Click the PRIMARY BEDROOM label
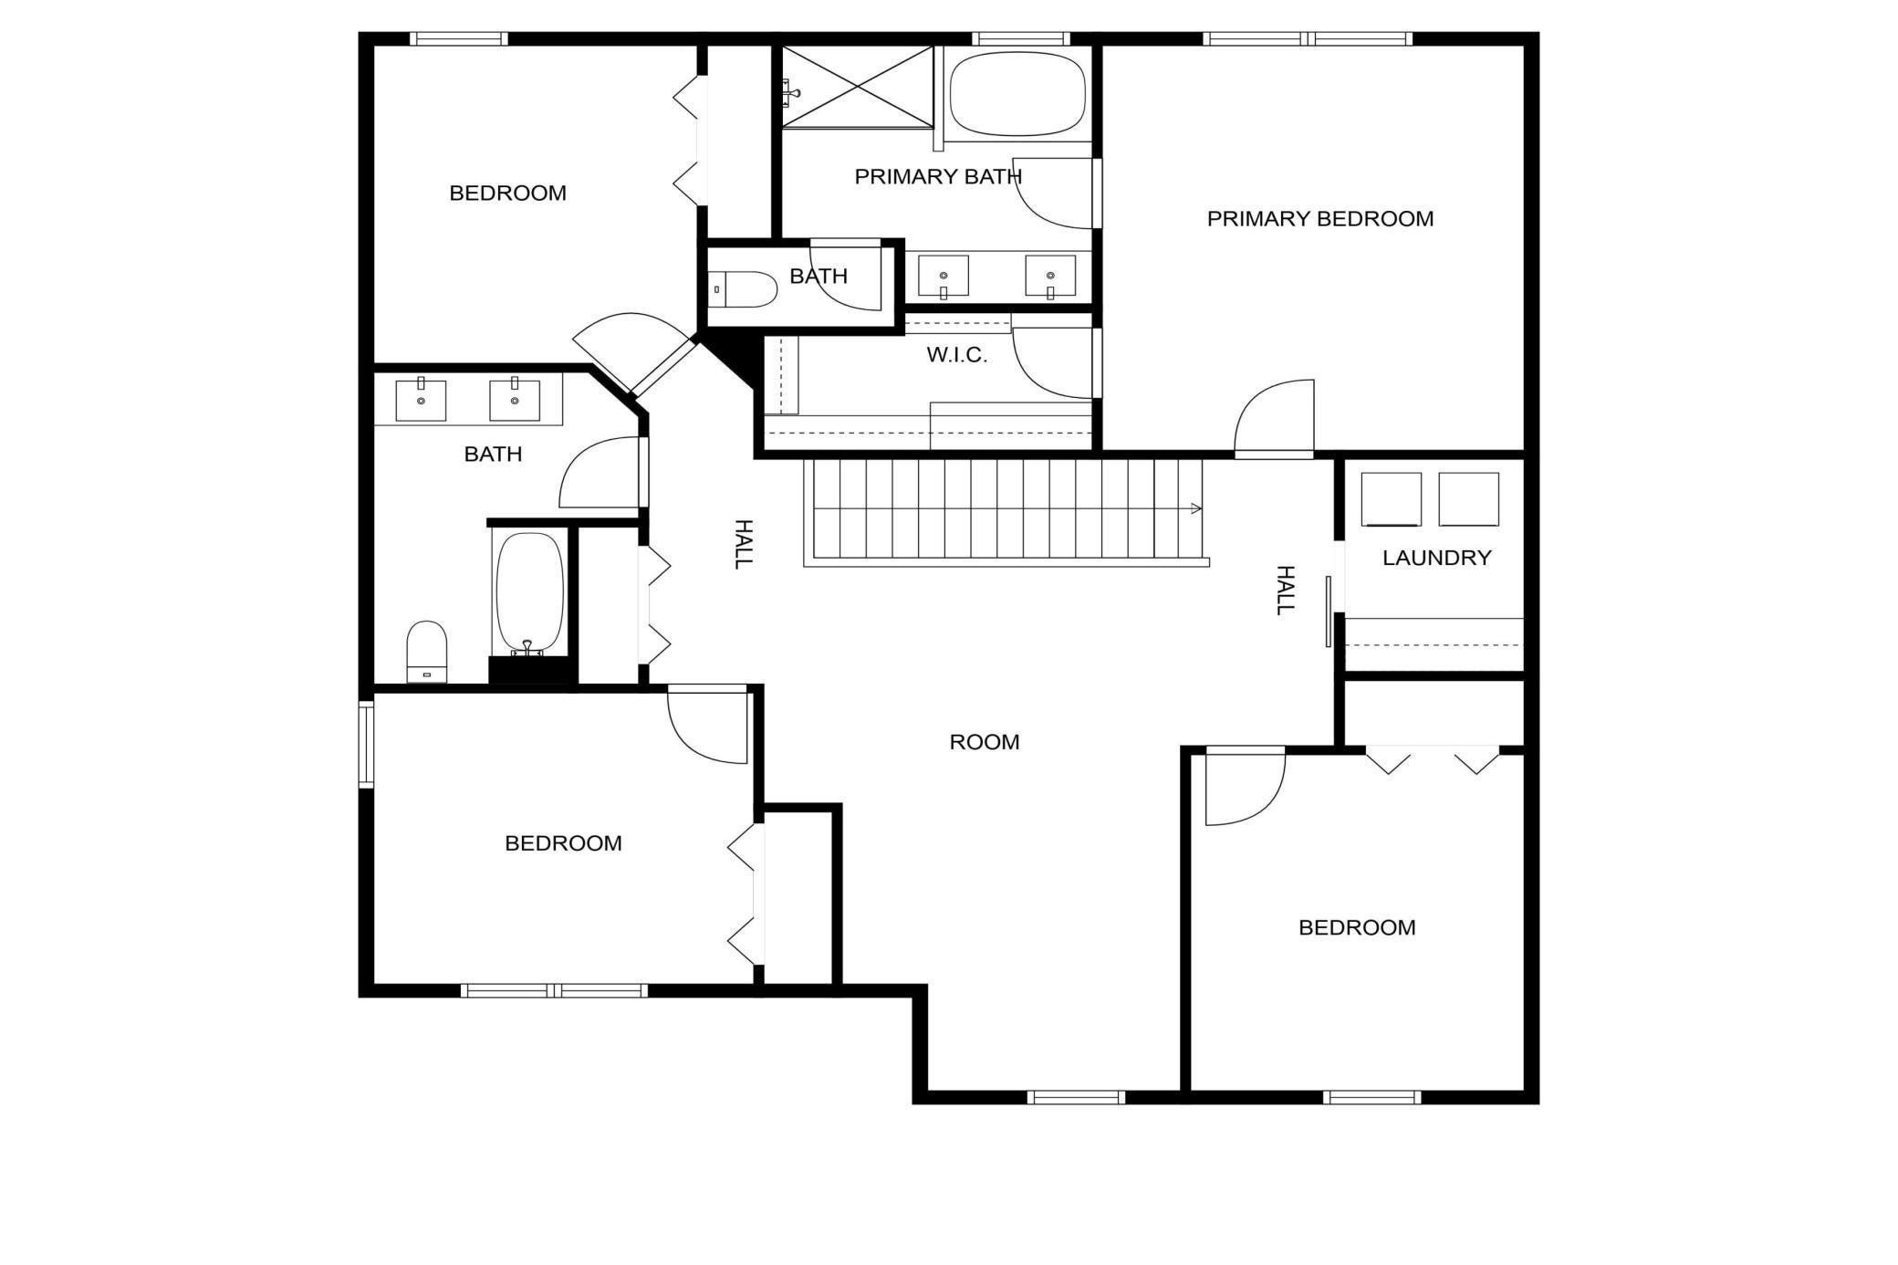1319,219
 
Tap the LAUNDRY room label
1436,558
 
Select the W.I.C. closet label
956,355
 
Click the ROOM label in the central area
984,742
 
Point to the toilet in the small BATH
743,289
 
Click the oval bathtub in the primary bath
1017,93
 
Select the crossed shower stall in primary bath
858,87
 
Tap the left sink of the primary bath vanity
943,276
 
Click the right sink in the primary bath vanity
1050,276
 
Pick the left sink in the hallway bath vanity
421,401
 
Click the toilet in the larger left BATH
426,651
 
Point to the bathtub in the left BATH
529,593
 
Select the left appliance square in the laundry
1391,499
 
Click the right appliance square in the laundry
1468,499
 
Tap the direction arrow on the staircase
1194,508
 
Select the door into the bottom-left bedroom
708,726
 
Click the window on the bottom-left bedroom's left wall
366,745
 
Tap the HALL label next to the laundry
1284,590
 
